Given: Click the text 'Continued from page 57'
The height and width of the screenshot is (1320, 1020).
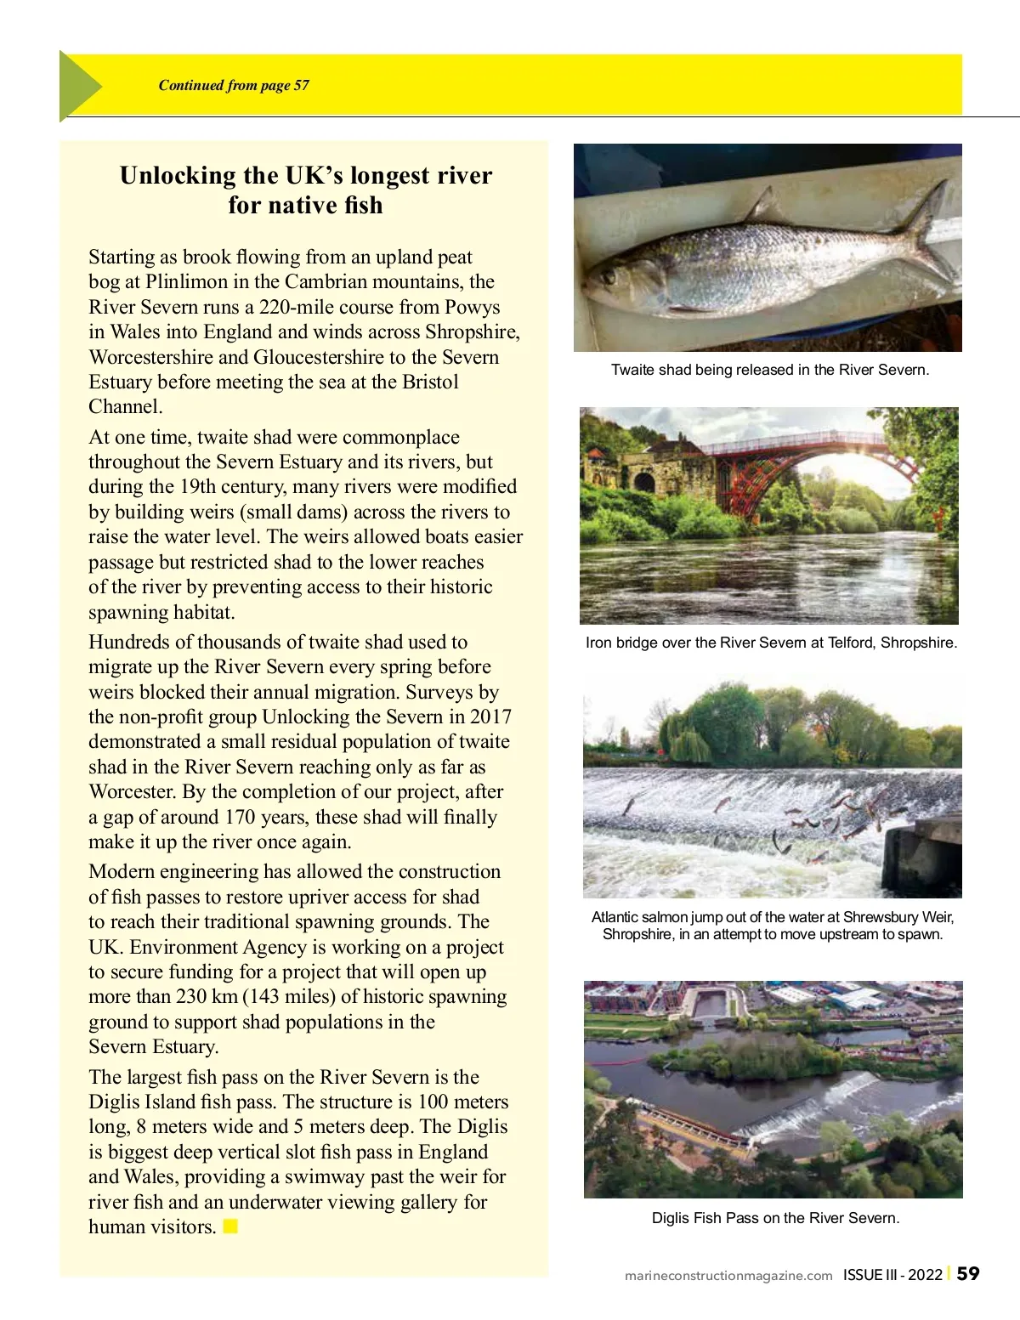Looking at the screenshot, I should pyautogui.click(x=234, y=85).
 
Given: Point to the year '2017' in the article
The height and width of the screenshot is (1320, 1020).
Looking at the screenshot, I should pyautogui.click(x=490, y=717).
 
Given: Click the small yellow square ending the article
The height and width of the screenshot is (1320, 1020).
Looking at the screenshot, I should pyautogui.click(x=230, y=1227).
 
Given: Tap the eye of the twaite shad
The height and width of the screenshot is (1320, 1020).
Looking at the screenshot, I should pyautogui.click(x=609, y=275).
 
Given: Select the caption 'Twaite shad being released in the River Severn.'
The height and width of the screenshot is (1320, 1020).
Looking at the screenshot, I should pyautogui.click(x=769, y=370).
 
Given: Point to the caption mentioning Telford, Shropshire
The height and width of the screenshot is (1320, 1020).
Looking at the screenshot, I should pyautogui.click(x=771, y=643).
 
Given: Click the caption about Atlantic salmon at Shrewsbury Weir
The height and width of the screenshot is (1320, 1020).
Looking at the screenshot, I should pyautogui.click(x=773, y=926).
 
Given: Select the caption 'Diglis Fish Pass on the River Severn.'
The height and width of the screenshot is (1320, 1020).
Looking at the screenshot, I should pyautogui.click(x=775, y=1218).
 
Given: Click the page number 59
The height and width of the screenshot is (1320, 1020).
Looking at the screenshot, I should pyautogui.click(x=968, y=1273).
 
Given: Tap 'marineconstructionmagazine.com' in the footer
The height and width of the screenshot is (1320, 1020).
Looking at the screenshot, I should pyautogui.click(x=728, y=1275).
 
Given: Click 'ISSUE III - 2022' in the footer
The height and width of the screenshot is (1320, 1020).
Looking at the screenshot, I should pyautogui.click(x=892, y=1274).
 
